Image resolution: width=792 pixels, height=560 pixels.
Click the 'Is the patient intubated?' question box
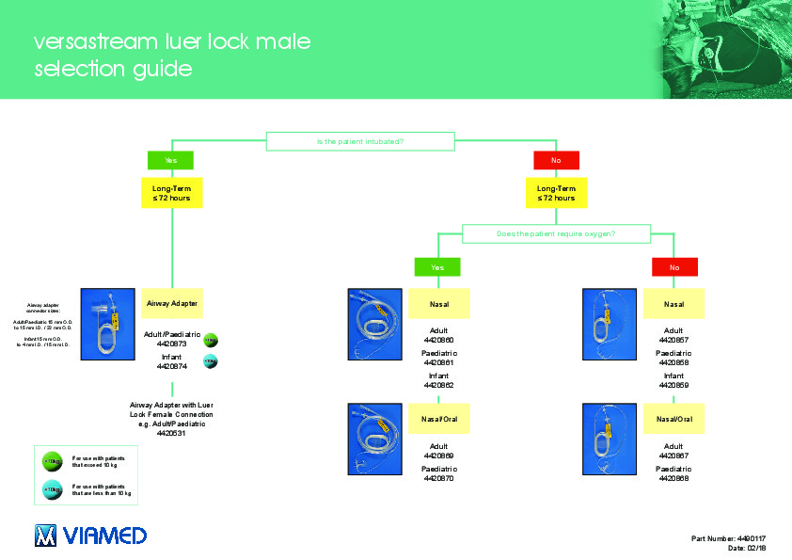point(360,141)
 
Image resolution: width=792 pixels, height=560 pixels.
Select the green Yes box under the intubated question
point(170,161)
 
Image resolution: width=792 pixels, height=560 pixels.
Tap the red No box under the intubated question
point(555,161)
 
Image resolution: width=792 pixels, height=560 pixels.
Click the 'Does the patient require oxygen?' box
point(555,232)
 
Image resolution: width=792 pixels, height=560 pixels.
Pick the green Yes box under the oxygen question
point(438,267)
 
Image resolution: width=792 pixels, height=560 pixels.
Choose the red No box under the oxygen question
point(673,267)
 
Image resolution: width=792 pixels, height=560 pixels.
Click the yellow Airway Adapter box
point(171,304)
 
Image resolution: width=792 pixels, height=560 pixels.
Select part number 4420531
point(171,433)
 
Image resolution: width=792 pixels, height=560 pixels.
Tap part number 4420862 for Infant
point(438,385)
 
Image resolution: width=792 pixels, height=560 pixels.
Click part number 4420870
point(438,478)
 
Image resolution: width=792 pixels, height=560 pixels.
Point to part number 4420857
point(673,340)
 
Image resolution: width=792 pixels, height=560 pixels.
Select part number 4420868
point(673,478)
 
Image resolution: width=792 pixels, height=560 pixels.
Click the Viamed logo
point(90,536)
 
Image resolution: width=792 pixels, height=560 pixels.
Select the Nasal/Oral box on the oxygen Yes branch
point(438,418)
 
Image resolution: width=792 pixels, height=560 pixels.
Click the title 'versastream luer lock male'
point(172,42)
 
